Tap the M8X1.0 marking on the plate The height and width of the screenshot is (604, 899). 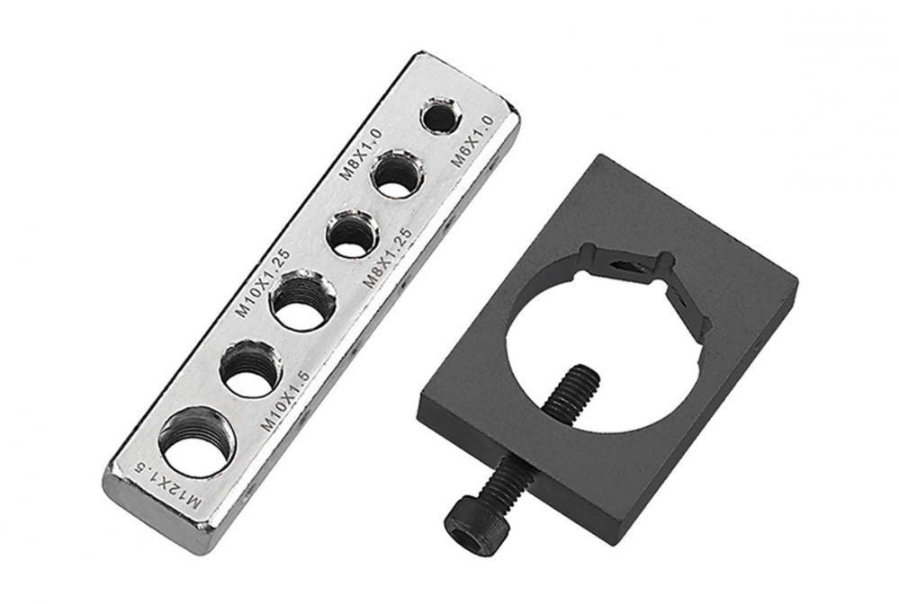pyautogui.click(x=361, y=154)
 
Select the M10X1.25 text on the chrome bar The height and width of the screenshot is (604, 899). pyautogui.click(x=264, y=283)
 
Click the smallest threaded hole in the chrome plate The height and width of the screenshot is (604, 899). pyautogui.click(x=441, y=115)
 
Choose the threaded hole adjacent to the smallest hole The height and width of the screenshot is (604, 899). pyautogui.click(x=398, y=173)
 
